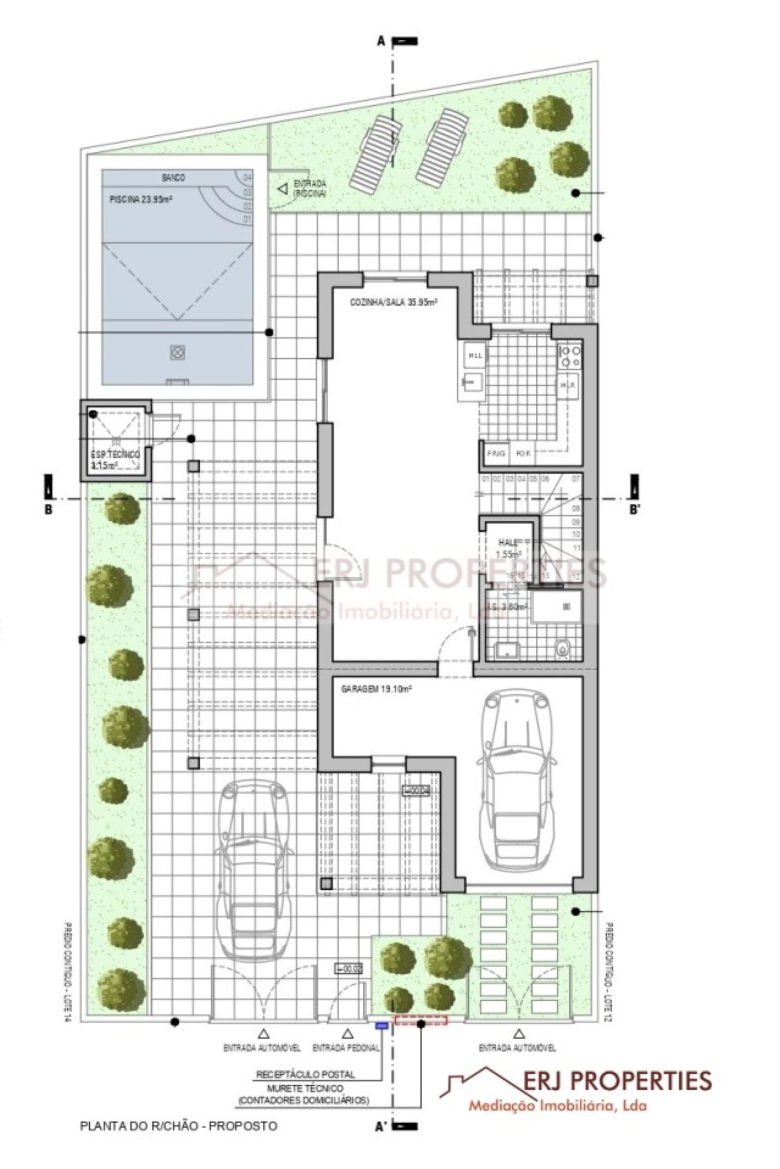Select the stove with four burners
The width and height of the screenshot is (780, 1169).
570,356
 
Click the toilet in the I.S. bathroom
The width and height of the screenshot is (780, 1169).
563,650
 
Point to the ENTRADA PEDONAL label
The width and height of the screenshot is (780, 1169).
346,1048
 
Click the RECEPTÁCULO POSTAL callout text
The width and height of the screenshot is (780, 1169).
305,1075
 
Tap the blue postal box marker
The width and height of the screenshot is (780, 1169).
381,1025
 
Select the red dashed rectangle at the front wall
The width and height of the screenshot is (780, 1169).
421,1020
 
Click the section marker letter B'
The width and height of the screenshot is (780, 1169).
634,510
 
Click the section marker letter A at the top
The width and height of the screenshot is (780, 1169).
381,41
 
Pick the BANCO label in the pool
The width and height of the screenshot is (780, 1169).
173,178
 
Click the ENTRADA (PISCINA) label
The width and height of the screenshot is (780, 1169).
310,188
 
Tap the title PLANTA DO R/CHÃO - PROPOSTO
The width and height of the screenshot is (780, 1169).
179,1126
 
